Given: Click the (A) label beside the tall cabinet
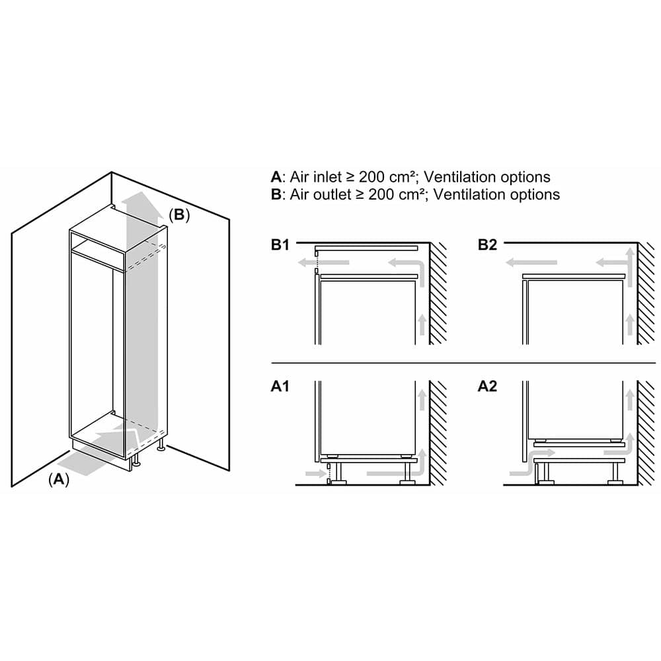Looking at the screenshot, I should pyautogui.click(x=59, y=480).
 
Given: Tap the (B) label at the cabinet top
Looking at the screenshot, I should pyautogui.click(x=178, y=215).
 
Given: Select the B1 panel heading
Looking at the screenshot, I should pyautogui.click(x=280, y=245).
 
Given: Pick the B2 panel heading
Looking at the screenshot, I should pyautogui.click(x=487, y=245).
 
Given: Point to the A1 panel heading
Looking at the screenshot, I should pyautogui.click(x=280, y=386).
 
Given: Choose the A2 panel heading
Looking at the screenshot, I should pyautogui.click(x=487, y=386).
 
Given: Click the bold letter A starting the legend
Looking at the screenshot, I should pyautogui.click(x=276, y=177).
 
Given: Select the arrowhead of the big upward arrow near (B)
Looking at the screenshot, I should pyautogui.click(x=143, y=199).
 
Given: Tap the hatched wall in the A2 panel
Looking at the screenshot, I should pyautogui.click(x=646, y=433).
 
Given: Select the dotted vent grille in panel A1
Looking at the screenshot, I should pyautogui.click(x=328, y=473).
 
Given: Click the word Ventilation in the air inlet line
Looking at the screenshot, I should pyautogui.click(x=459, y=177).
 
